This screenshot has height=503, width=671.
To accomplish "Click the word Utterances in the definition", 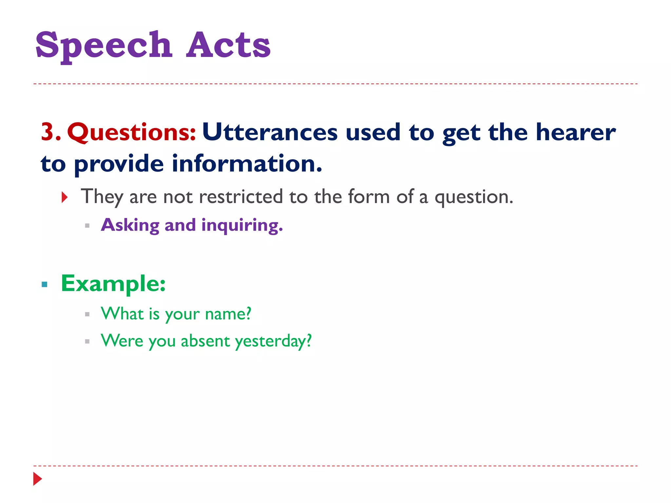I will coord(270,132).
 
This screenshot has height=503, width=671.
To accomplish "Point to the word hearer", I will coord(575,132).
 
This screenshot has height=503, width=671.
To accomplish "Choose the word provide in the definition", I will coord(119,164).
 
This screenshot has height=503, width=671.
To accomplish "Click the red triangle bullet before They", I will coord(65,197).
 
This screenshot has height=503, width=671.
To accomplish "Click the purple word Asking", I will coord(130,225).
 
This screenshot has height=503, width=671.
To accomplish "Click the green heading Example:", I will coord(113,284).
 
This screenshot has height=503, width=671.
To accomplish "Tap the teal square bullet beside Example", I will coord(45,284).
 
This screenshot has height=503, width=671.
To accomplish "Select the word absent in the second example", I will coord(205,341).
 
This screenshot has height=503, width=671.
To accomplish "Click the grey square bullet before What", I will coord(87,314).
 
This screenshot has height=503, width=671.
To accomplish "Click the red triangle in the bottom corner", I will coord(38,479).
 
